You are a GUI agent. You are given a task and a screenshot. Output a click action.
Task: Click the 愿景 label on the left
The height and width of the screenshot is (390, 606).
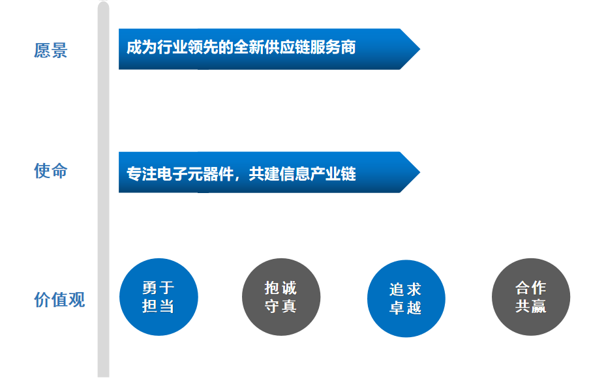(51, 50)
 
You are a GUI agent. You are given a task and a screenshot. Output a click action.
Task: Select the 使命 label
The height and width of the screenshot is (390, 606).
(51, 172)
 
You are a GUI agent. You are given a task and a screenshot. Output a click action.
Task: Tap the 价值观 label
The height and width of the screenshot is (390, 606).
(59, 300)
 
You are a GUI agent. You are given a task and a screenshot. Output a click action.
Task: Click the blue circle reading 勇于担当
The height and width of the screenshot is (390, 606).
(159, 297)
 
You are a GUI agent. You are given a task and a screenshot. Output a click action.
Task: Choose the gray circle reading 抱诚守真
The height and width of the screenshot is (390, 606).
(281, 297)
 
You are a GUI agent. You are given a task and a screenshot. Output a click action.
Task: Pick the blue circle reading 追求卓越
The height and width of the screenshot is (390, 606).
(406, 298)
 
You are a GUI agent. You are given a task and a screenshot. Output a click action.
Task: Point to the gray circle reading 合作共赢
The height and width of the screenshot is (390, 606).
(530, 297)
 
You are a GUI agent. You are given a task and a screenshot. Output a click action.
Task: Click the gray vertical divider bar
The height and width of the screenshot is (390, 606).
(103, 196)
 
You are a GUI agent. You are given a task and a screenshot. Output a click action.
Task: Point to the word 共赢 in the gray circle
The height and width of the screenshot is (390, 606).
(530, 306)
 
